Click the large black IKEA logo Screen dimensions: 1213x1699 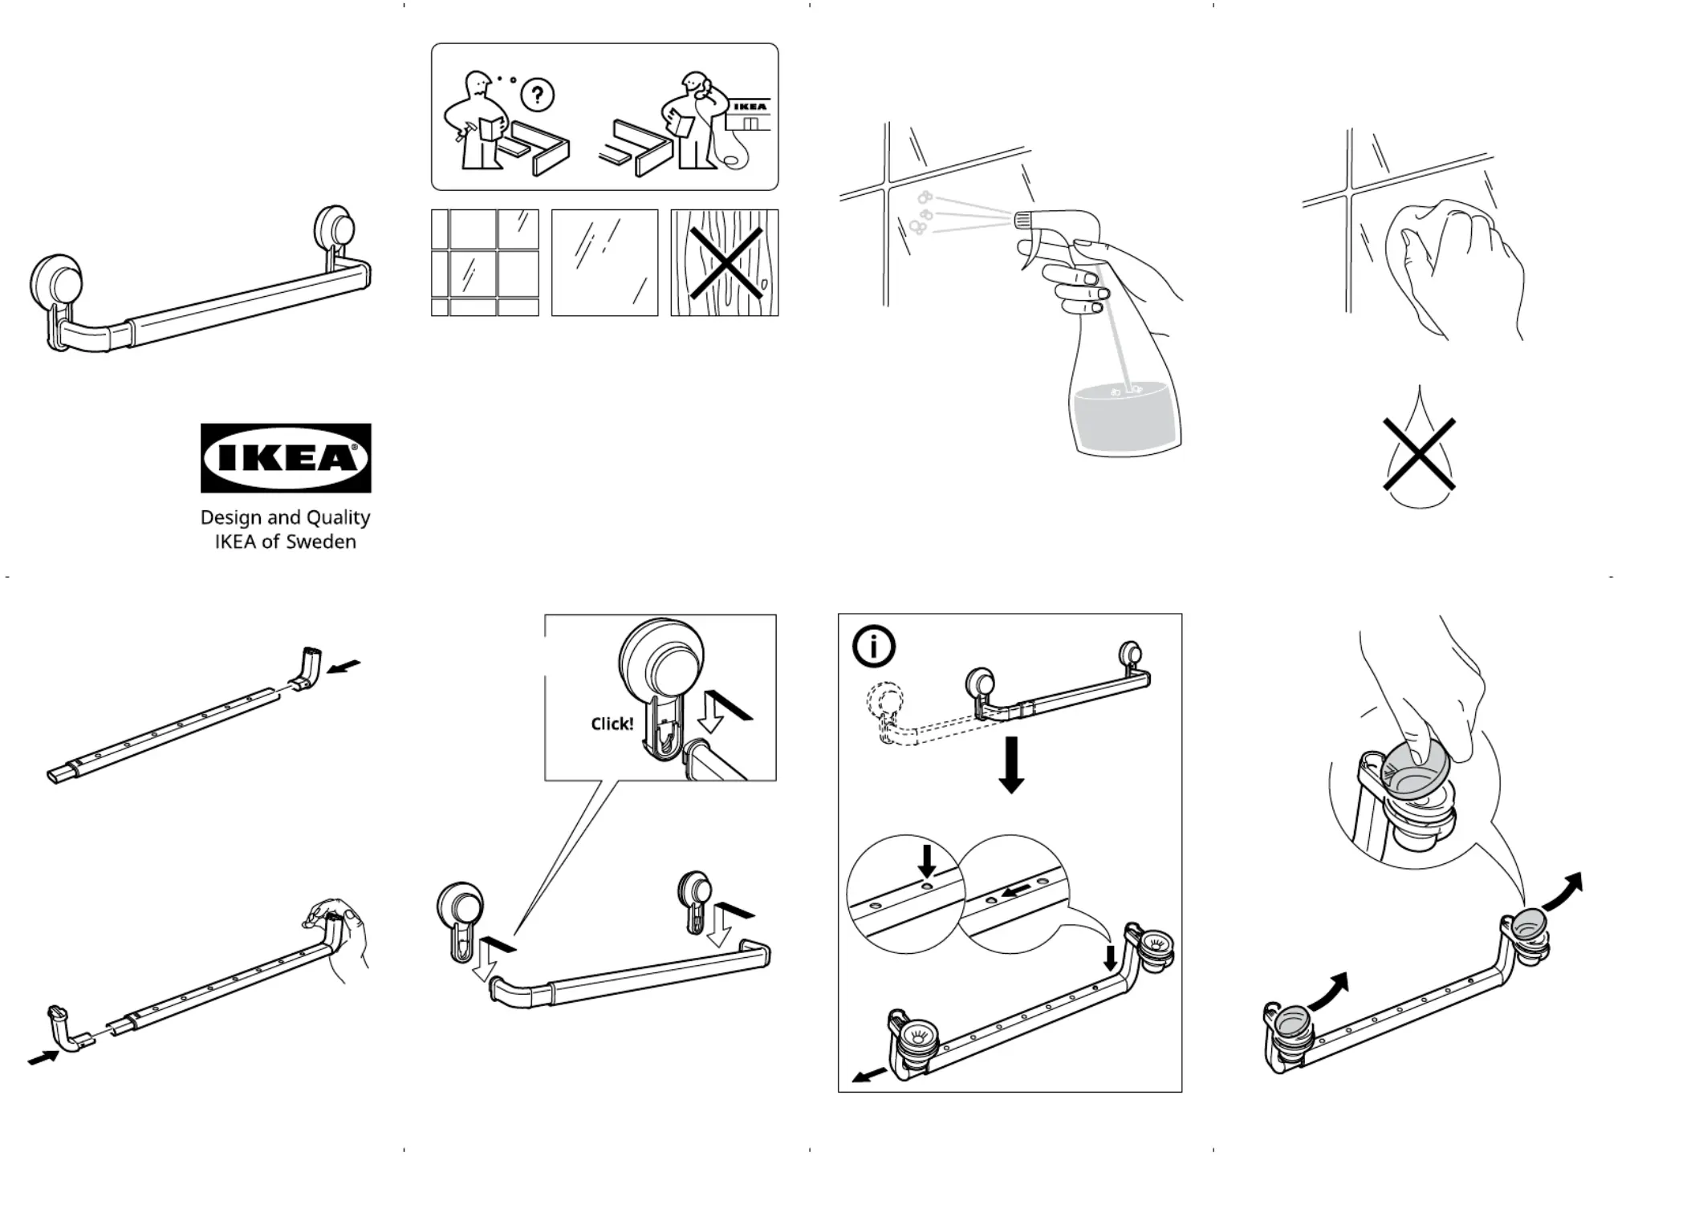point(286,457)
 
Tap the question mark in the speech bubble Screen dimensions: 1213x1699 point(537,95)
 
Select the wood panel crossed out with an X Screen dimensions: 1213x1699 point(725,263)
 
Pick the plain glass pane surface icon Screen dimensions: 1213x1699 point(604,263)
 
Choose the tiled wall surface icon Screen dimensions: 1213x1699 point(485,263)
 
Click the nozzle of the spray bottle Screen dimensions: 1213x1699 point(1024,218)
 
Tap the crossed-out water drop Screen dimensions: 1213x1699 point(1419,453)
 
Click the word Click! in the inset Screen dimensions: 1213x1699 point(612,724)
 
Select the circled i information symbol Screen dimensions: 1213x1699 point(873,646)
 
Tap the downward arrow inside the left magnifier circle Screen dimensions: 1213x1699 point(927,861)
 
